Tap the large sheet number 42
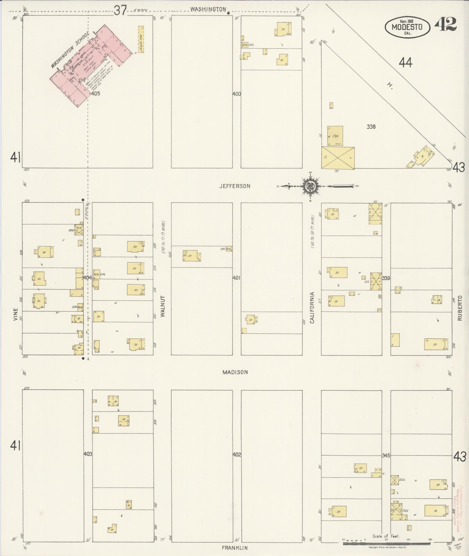click(445, 24)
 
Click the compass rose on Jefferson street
click(310, 186)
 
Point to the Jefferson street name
click(235, 186)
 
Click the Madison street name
click(235, 372)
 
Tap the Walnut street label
click(163, 306)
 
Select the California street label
click(312, 308)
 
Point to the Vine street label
click(15, 314)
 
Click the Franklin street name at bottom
click(235, 548)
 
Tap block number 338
click(371, 127)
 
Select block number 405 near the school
click(96, 94)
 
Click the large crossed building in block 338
click(338, 158)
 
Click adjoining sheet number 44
click(405, 62)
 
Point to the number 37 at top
click(120, 11)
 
